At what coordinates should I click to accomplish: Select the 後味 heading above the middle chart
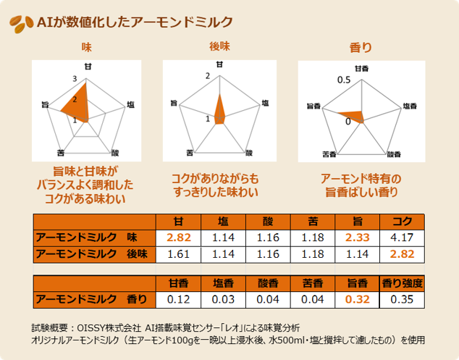coord(219,47)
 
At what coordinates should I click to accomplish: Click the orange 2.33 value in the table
coord(357,237)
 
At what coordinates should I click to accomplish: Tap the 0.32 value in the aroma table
coord(357,299)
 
